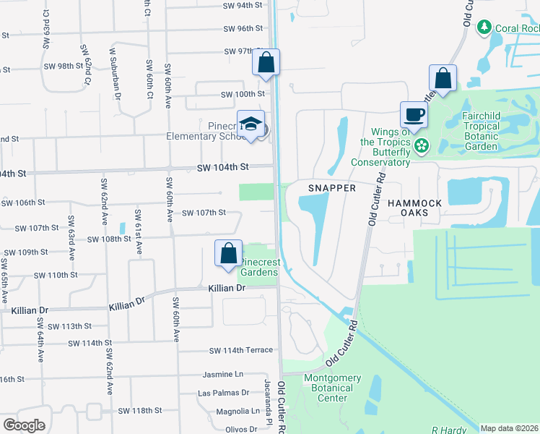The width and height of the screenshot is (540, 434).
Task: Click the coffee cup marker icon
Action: click(x=414, y=114)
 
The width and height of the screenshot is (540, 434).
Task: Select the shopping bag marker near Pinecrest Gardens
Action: click(x=228, y=253)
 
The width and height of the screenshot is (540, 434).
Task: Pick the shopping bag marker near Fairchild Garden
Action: click(x=443, y=78)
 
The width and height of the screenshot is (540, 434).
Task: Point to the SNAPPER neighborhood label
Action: click(x=332, y=187)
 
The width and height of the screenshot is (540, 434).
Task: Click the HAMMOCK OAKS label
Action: click(x=414, y=208)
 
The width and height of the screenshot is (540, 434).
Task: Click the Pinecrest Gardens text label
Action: click(x=258, y=266)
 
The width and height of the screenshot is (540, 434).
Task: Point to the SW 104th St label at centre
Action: click(x=222, y=167)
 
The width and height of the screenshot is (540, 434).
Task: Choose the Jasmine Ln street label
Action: click(x=224, y=376)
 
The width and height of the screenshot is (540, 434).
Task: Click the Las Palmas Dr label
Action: click(x=224, y=393)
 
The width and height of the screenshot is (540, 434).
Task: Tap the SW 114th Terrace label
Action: click(x=241, y=351)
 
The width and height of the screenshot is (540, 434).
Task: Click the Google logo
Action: click(x=24, y=425)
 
